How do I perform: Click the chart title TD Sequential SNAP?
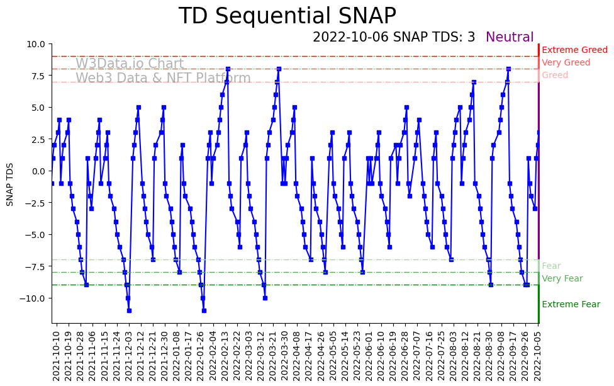click(287, 16)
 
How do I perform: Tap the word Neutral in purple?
click(510, 38)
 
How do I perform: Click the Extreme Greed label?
click(574, 50)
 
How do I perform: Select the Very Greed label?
click(566, 63)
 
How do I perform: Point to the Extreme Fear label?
click(571, 305)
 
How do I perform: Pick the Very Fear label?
click(562, 279)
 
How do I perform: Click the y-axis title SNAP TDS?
click(10, 183)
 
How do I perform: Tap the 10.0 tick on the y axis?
click(36, 44)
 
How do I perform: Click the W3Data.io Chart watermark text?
click(130, 64)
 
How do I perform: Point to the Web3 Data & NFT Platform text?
click(163, 79)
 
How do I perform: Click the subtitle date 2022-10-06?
click(351, 38)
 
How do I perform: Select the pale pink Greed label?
click(554, 76)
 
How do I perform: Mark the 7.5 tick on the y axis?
click(38, 76)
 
